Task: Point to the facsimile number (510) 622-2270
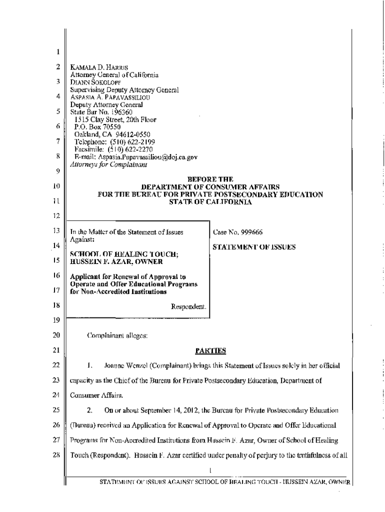pyautogui.click(x=129, y=149)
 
